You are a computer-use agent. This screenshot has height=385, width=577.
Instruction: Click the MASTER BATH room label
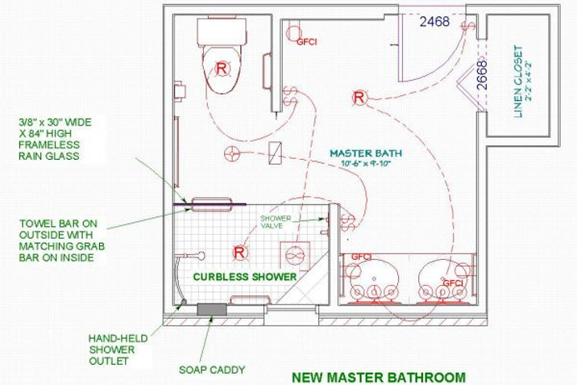[366, 153]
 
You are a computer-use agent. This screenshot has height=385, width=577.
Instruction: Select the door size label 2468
[434, 22]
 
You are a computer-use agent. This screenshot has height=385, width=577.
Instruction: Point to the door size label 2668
[482, 75]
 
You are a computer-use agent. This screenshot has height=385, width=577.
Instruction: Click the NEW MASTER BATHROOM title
[379, 377]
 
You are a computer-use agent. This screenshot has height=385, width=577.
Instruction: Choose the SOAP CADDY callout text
[212, 370]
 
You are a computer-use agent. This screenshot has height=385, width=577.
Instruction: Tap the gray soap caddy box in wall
[212, 309]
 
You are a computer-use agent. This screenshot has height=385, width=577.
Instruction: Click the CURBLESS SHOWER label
[245, 277]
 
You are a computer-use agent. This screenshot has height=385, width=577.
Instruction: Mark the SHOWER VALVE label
[276, 222]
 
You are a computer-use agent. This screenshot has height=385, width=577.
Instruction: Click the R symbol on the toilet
[222, 68]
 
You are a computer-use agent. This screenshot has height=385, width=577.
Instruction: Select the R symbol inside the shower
[239, 253]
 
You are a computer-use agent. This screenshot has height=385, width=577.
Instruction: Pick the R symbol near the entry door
[359, 98]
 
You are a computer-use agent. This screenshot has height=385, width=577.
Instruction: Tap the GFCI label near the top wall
[306, 42]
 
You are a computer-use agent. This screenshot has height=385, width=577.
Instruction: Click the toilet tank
[222, 31]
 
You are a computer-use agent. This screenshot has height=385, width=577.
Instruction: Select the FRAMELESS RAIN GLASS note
[55, 140]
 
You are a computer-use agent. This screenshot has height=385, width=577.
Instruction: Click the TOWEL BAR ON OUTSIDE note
[62, 241]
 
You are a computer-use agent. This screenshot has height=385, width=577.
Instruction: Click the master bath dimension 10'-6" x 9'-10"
[366, 163]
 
